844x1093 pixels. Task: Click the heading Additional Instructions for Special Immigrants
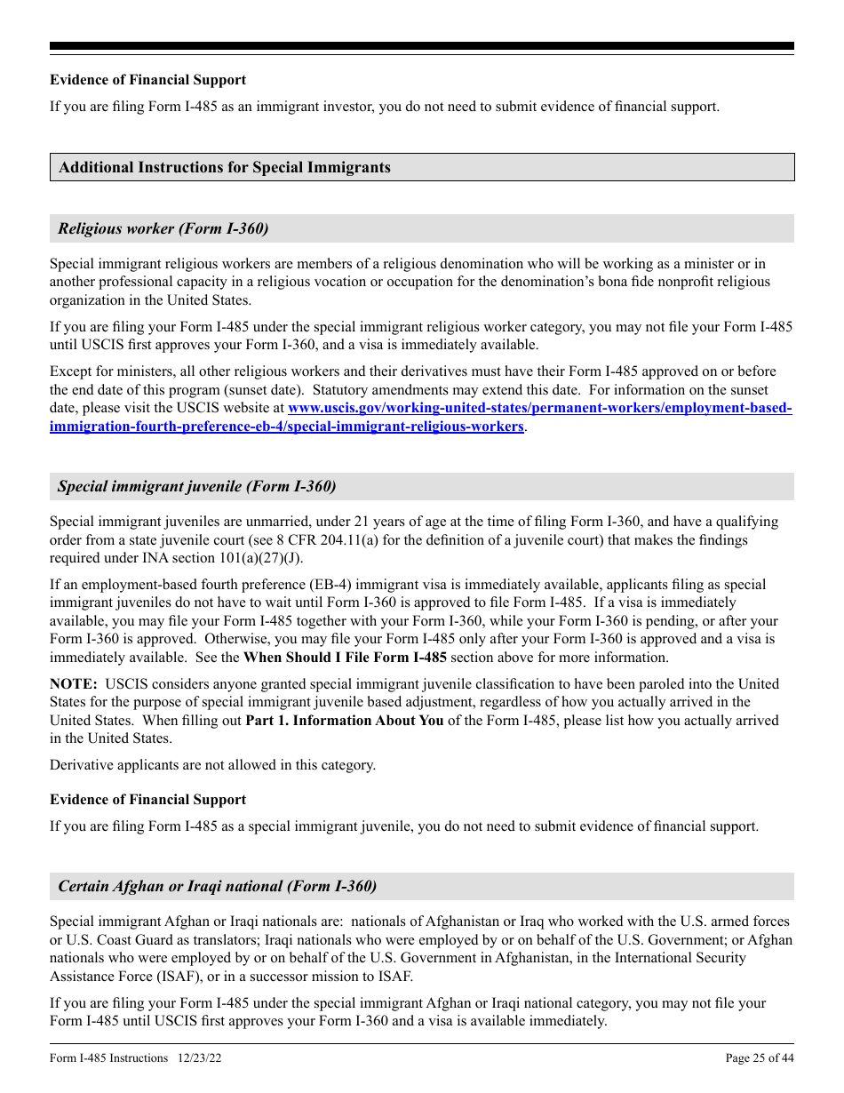click(x=225, y=167)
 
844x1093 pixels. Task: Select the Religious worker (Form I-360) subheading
click(x=163, y=228)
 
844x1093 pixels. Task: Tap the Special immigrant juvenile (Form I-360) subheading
click(x=196, y=486)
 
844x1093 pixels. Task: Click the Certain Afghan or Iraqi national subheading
click(x=217, y=886)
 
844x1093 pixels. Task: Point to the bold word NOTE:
click(x=73, y=684)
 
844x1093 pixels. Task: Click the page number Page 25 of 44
click(x=760, y=1057)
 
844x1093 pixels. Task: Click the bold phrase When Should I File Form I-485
click(x=345, y=658)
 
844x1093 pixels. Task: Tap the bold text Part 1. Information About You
click(x=344, y=721)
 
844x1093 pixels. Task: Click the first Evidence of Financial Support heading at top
click(x=147, y=80)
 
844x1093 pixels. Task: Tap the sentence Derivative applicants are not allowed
click(x=212, y=765)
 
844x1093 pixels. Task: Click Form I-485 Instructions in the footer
click(x=108, y=1057)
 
